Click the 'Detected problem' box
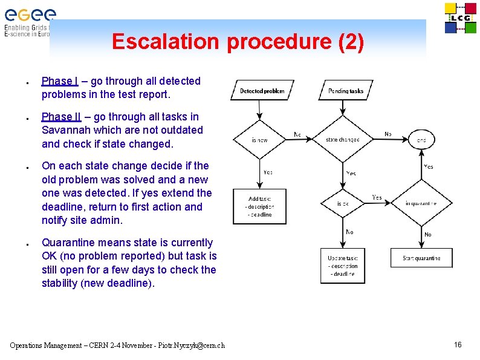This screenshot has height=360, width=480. [262, 91]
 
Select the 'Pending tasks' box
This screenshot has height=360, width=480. [346, 91]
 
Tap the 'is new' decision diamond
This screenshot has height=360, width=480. [259, 140]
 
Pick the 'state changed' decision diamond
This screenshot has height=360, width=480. [342, 140]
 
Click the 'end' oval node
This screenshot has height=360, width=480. [421, 140]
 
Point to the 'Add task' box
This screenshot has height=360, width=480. [259, 206]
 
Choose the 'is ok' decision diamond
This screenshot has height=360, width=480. [343, 204]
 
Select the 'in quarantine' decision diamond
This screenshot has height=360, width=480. [421, 204]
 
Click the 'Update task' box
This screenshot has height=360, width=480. [343, 266]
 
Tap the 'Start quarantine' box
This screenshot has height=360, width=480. [421, 258]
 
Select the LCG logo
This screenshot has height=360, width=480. [460, 18]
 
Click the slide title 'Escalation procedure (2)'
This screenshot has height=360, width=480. [238, 42]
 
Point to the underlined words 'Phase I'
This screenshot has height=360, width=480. [59, 81]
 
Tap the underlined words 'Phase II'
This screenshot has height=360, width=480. [60, 117]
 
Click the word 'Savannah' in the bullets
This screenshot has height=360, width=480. [66, 130]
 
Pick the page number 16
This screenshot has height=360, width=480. [458, 345]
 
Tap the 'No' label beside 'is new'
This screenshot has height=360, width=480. [297, 134]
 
